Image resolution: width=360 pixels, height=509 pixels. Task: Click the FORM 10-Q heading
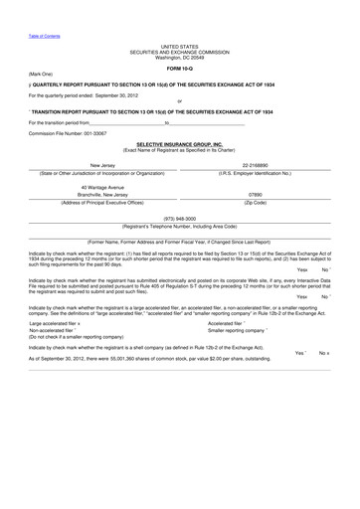(179, 68)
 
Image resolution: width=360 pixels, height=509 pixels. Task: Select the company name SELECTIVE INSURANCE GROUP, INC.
(179, 143)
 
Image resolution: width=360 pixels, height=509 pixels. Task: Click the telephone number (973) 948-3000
(179, 217)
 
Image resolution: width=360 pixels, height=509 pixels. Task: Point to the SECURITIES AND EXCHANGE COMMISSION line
(179, 51)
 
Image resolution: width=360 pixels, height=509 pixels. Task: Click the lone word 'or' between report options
(179, 100)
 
